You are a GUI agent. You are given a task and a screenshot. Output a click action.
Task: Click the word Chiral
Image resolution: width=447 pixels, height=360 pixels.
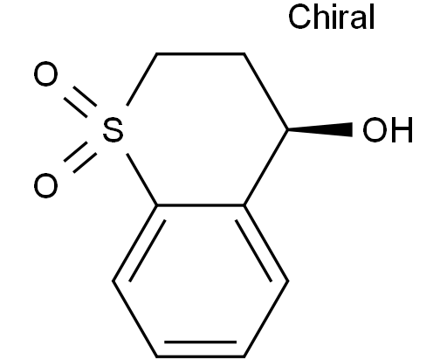tap(331, 17)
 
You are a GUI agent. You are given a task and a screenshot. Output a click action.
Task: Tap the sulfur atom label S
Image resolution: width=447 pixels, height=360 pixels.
tap(113, 129)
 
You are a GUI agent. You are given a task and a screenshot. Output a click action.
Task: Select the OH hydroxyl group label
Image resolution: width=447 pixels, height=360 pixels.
tap(388, 130)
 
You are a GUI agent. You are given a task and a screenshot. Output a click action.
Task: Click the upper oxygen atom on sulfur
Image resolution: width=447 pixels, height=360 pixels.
tap(45, 74)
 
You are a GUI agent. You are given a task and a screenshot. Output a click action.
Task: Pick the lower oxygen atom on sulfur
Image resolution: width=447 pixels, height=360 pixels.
tap(45, 185)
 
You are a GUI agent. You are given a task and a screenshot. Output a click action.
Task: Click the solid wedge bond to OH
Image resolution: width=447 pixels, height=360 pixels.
tap(320, 129)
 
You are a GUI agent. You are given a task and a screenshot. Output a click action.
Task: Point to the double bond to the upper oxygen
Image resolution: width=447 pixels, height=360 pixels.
tap(80, 102)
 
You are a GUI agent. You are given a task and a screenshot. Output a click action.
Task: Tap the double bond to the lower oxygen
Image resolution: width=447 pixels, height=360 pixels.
tap(80, 157)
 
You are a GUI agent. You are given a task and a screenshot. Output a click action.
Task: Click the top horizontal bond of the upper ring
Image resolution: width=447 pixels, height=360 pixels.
tap(200, 54)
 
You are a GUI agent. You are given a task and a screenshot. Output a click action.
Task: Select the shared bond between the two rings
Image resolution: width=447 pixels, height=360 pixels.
tap(201, 205)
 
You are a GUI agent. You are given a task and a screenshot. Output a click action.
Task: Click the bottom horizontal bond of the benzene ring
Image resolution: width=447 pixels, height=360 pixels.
tap(201, 357)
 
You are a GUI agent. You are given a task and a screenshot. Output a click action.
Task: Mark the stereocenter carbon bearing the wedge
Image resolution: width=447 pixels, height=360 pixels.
tap(288, 129)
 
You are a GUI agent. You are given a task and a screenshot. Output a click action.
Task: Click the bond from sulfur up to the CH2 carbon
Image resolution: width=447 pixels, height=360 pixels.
tap(141, 80)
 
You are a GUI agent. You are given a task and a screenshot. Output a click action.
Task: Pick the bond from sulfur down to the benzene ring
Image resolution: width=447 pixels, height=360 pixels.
tap(141, 179)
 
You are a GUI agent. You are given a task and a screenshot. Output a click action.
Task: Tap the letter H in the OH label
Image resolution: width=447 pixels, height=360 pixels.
tap(402, 130)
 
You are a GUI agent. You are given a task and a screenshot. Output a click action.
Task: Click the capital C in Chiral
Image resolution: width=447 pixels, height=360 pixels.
tap(299, 17)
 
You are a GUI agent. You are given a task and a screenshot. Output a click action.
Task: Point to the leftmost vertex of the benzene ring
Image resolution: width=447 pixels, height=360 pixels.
tap(113, 281)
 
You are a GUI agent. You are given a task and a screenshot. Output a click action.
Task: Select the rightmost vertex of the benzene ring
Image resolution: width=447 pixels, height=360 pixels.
tap(288, 281)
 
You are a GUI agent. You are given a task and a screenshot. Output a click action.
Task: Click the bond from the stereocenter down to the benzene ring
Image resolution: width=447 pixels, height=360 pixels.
tap(266, 168)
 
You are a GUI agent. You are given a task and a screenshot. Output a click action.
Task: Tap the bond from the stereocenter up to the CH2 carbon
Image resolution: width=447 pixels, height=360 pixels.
tap(265, 92)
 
